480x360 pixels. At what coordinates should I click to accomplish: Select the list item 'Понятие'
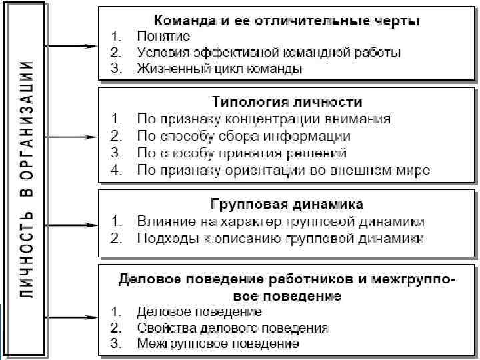tap(163, 36)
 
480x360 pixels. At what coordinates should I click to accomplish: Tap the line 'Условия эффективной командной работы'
tap(269, 52)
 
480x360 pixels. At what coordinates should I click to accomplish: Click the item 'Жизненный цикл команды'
tap(219, 68)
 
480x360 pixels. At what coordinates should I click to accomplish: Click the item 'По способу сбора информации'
tap(243, 136)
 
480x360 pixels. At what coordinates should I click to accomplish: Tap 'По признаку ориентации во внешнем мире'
tap(283, 170)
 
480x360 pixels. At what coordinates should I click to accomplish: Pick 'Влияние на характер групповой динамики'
tap(280, 221)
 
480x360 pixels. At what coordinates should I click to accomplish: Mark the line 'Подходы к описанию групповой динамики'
tap(280, 237)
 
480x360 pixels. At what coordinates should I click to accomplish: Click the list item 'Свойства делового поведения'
tap(232, 328)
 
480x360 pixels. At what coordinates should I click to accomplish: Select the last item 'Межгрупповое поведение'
tap(217, 344)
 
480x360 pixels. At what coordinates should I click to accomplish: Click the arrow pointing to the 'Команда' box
tap(73, 46)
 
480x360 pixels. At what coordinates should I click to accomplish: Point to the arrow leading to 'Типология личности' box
tap(73, 137)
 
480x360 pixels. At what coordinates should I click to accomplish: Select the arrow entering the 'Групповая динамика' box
tap(73, 225)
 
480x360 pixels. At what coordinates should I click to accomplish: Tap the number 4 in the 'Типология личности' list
tap(115, 170)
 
